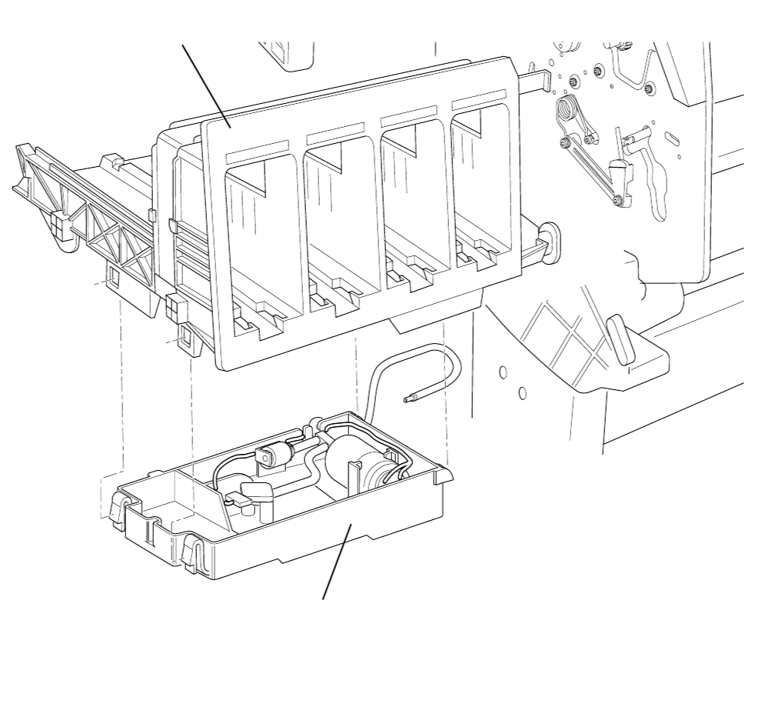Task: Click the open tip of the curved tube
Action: click(408, 399)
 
